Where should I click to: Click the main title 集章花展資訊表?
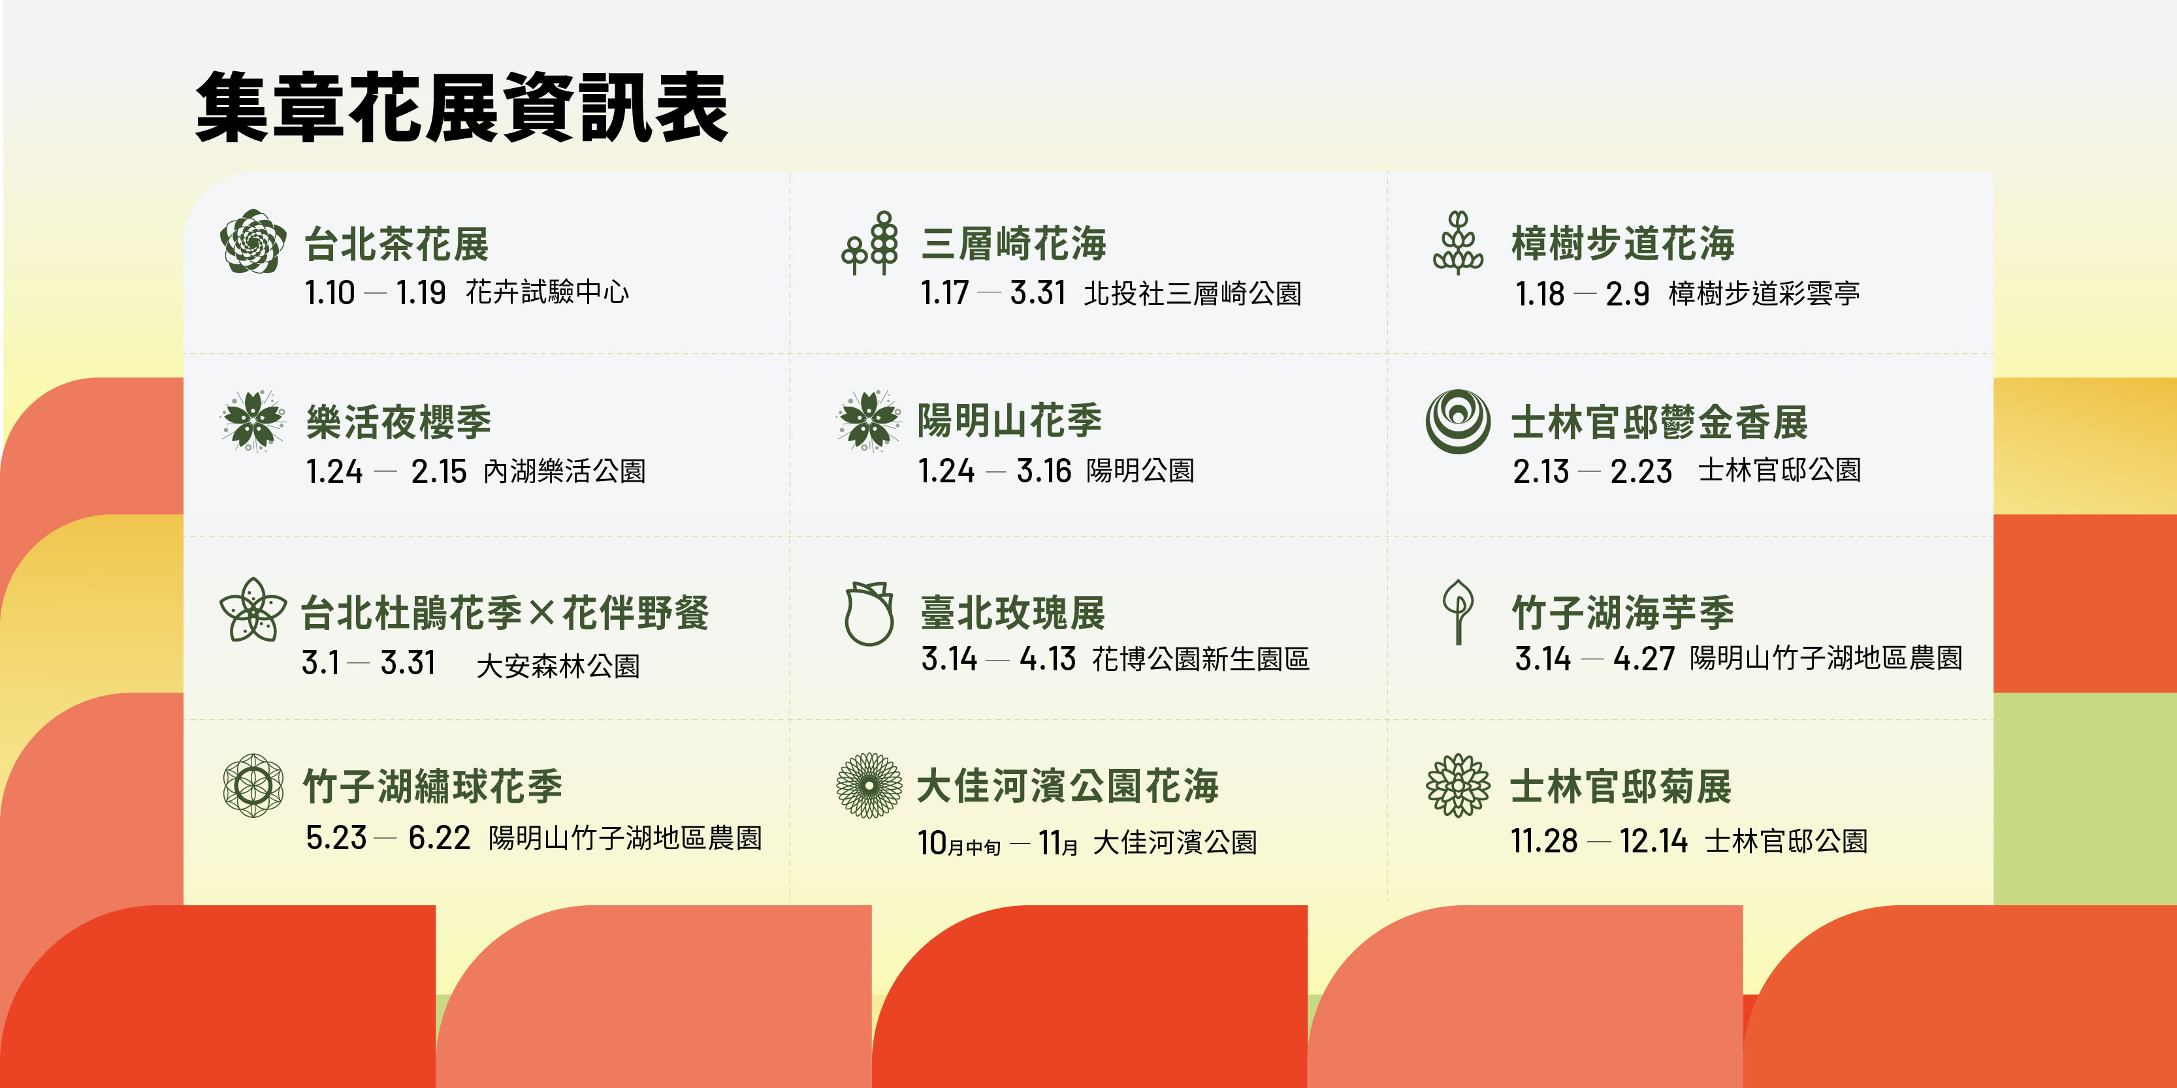[461, 107]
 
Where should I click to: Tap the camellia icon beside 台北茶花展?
[253, 241]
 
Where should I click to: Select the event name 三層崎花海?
[1013, 244]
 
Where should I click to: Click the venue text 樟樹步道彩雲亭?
[1764, 293]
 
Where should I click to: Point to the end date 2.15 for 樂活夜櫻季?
[439, 471]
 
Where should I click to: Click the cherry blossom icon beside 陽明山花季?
[869, 421]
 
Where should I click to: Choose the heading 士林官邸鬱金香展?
[1659, 422]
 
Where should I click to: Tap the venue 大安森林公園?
[558, 666]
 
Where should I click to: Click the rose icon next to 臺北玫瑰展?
[869, 614]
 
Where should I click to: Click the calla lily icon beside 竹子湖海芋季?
[1458, 612]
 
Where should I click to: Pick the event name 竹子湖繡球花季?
[432, 786]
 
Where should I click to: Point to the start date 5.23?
[336, 838]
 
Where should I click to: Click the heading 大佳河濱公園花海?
[1067, 786]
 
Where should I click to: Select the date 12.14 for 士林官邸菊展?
[1653, 841]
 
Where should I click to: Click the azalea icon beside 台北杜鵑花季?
[253, 610]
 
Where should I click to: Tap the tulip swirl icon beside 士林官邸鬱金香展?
[1458, 421]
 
